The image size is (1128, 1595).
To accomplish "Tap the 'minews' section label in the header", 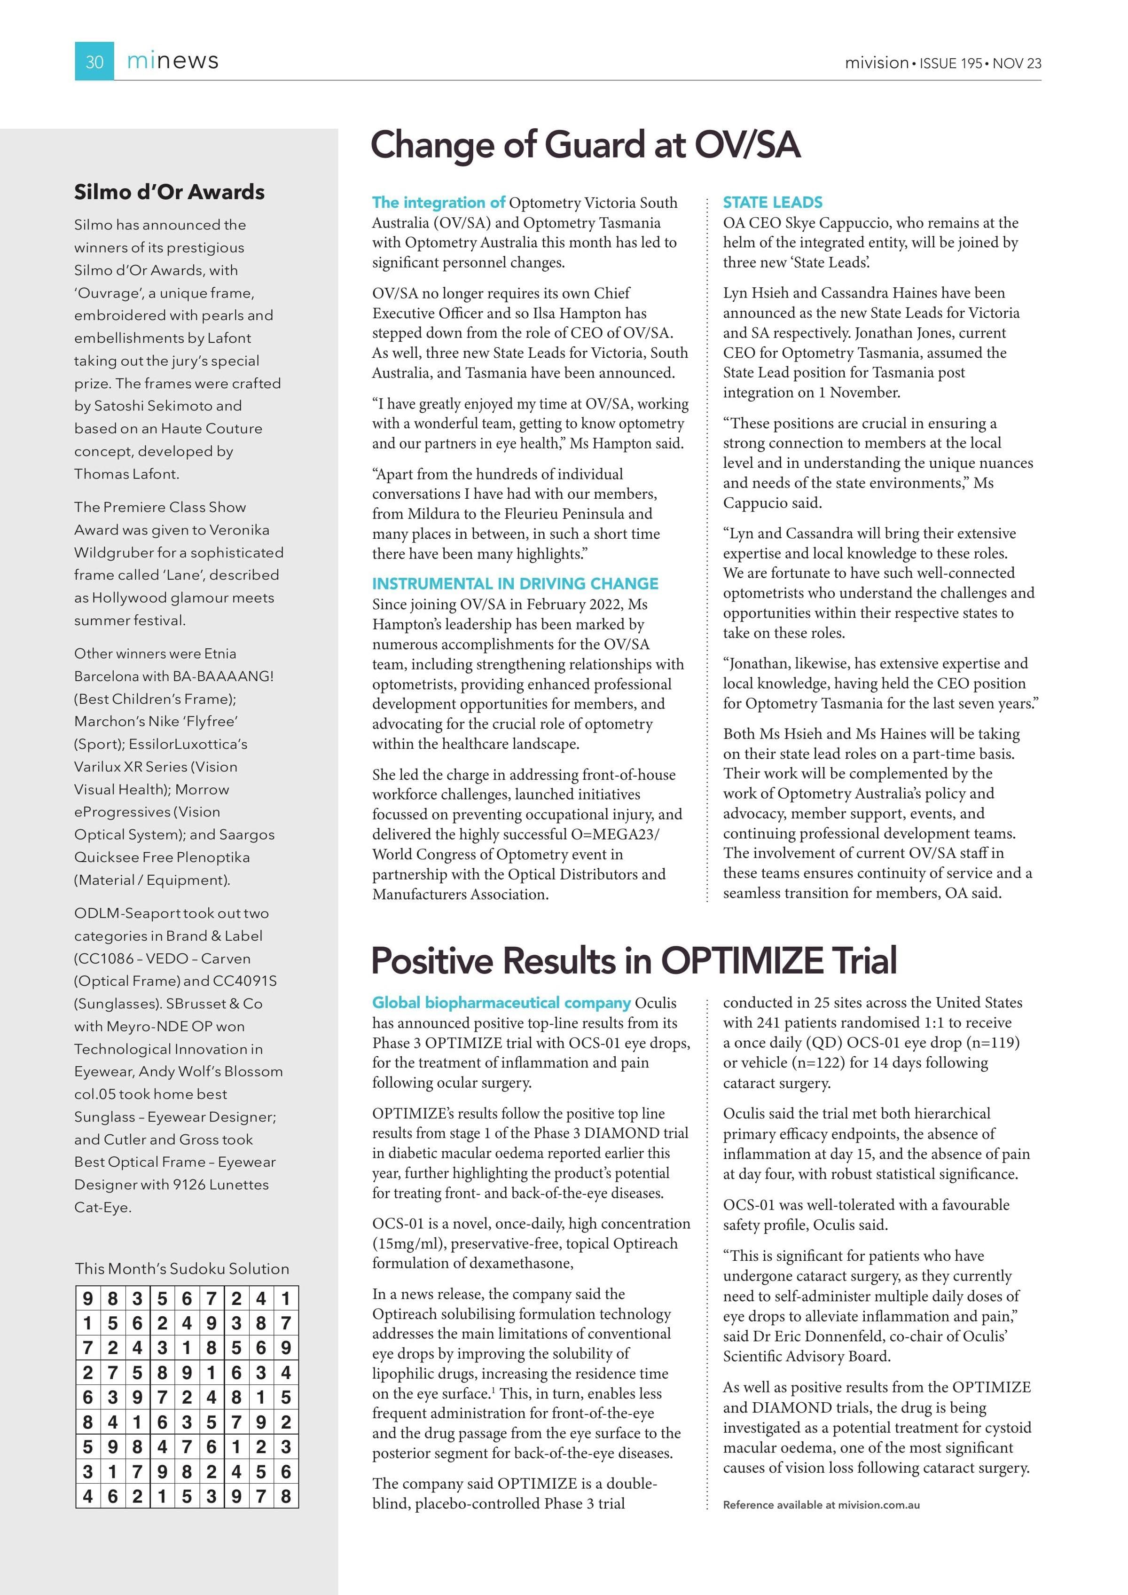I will (x=172, y=61).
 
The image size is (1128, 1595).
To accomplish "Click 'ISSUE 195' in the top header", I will (x=951, y=63).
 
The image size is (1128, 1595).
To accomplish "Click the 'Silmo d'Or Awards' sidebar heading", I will (x=170, y=192).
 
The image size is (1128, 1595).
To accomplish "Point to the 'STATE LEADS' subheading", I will (x=772, y=202).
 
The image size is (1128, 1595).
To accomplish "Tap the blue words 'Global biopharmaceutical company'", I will (x=501, y=1002).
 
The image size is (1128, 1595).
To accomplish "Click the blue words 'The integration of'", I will (x=439, y=202).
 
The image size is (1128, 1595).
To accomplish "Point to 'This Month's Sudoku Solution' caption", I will (x=182, y=1268).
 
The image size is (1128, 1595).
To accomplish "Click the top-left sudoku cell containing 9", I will (x=87, y=1298).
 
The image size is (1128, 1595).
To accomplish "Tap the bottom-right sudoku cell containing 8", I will (x=285, y=1496).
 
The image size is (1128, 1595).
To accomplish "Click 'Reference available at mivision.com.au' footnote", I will (x=821, y=1505).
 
